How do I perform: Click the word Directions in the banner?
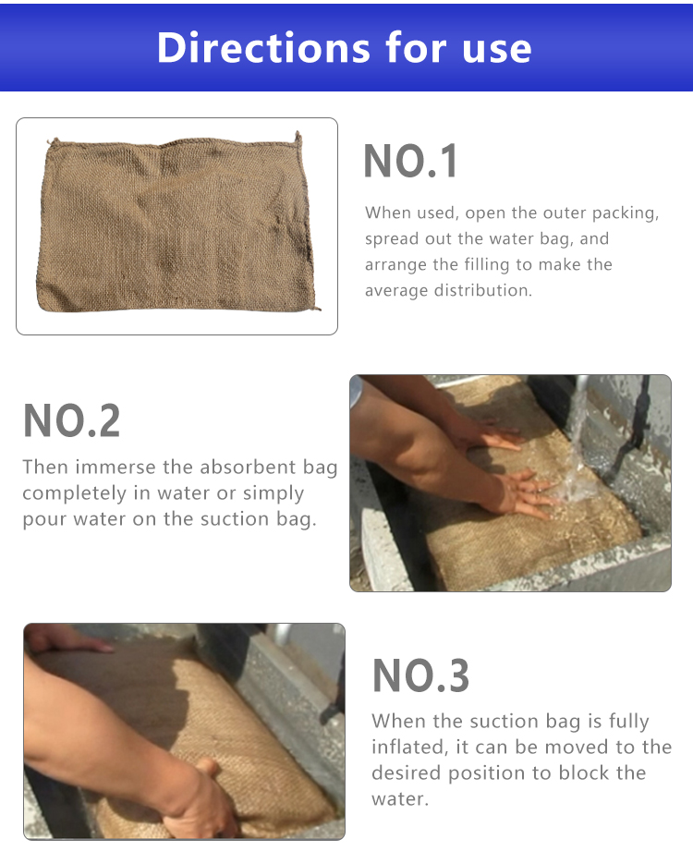click(x=263, y=48)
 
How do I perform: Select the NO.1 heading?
click(x=410, y=161)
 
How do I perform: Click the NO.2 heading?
click(x=71, y=420)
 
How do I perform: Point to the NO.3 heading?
click(x=420, y=675)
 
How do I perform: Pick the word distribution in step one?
click(x=483, y=290)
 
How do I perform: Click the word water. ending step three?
click(x=400, y=799)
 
